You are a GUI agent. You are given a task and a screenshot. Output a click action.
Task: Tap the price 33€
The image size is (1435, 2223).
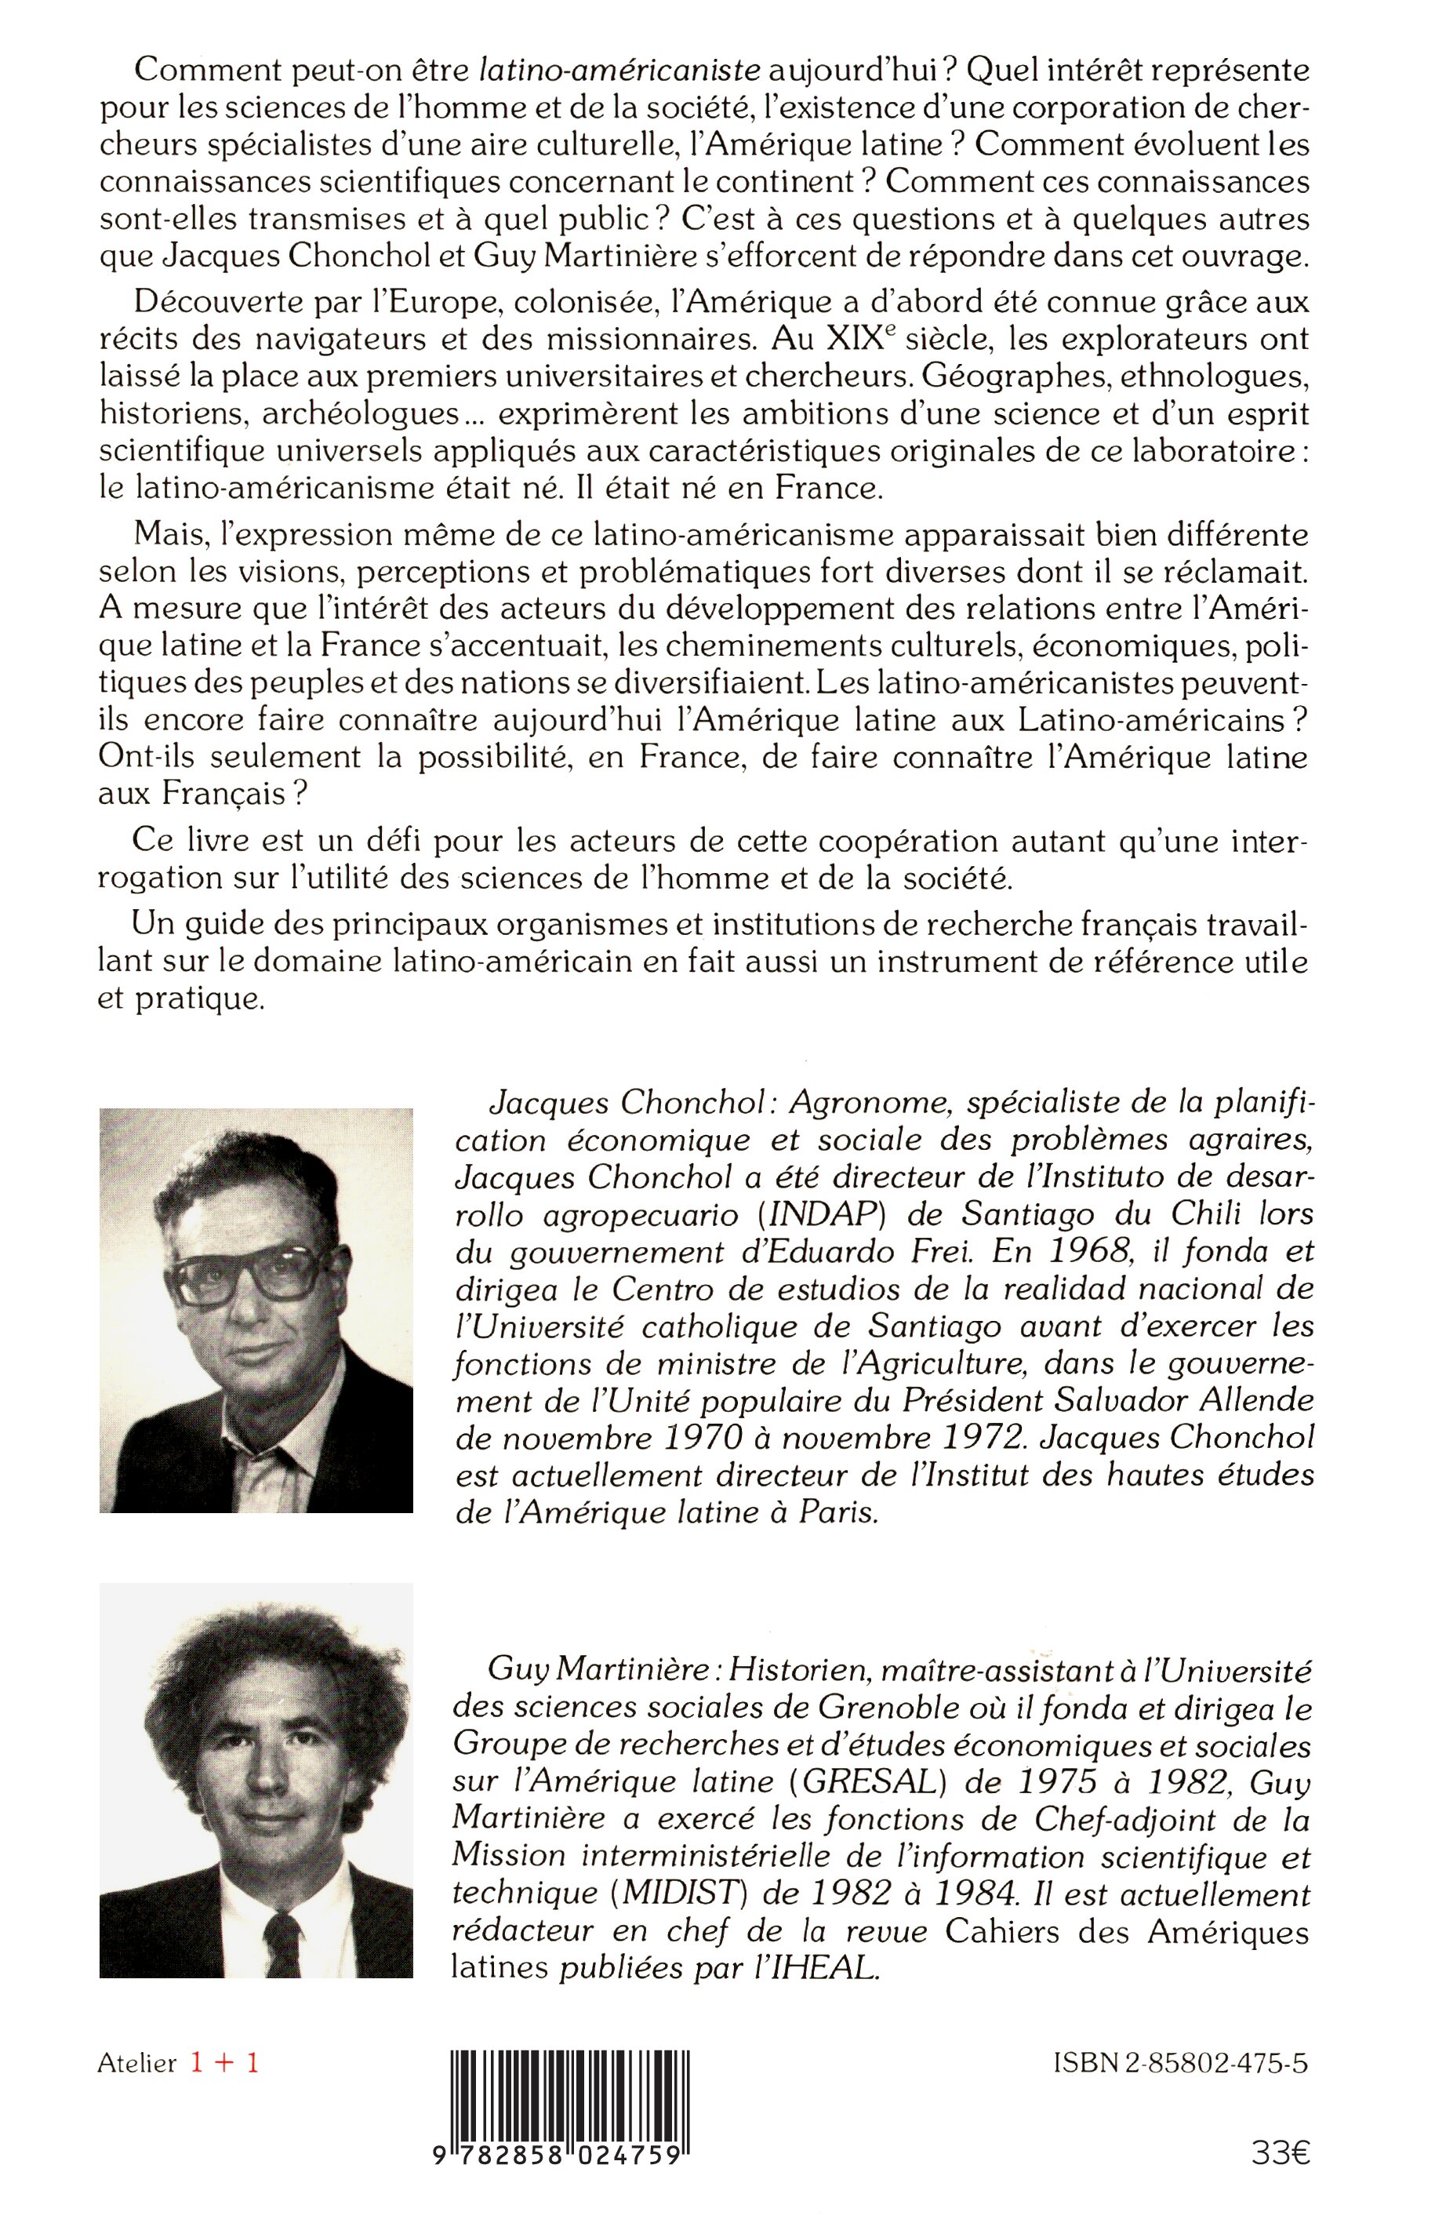[x=1281, y=2174]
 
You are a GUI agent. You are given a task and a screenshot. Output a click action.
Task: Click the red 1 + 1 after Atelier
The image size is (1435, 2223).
[x=224, y=2064]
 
